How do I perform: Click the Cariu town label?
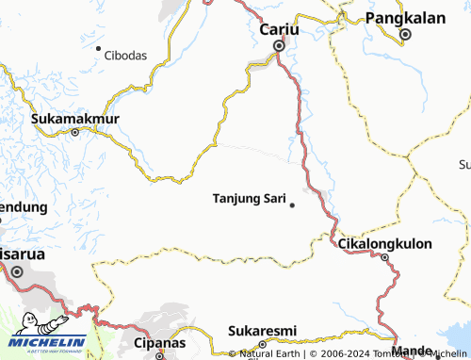point(279,30)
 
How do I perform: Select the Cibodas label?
point(126,55)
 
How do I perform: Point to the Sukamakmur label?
point(75,119)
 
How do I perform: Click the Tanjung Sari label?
point(250,199)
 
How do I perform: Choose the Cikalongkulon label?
point(384,244)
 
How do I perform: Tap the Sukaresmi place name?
point(263,331)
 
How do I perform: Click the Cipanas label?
point(155,343)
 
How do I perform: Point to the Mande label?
point(411,351)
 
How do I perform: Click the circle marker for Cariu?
point(279,45)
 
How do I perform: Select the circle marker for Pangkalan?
point(405,35)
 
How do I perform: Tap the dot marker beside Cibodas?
point(98,48)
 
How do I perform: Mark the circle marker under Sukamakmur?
point(75,133)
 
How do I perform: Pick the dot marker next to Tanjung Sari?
point(292,205)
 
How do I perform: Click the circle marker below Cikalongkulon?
point(384,257)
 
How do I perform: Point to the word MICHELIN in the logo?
point(49,341)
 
